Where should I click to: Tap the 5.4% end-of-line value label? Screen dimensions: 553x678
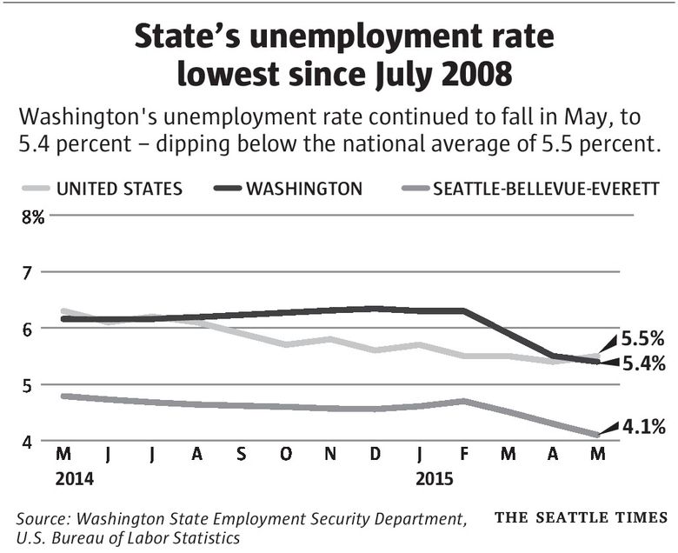pyautogui.click(x=643, y=364)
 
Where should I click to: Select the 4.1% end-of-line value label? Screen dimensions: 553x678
pyautogui.click(x=643, y=426)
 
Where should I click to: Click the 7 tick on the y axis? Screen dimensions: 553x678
pyautogui.click(x=26, y=273)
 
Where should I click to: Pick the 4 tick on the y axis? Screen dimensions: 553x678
pyautogui.click(x=26, y=442)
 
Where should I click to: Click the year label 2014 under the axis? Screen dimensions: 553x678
pyautogui.click(x=74, y=478)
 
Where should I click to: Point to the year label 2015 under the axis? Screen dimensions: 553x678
pyautogui.click(x=435, y=478)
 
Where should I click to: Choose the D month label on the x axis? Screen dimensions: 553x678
pyautogui.click(x=375, y=456)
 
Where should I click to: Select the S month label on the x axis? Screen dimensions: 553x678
pyautogui.click(x=241, y=456)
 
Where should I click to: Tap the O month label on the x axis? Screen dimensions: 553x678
pyautogui.click(x=285, y=456)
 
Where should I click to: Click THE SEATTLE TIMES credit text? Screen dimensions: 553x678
pyautogui.click(x=581, y=518)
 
